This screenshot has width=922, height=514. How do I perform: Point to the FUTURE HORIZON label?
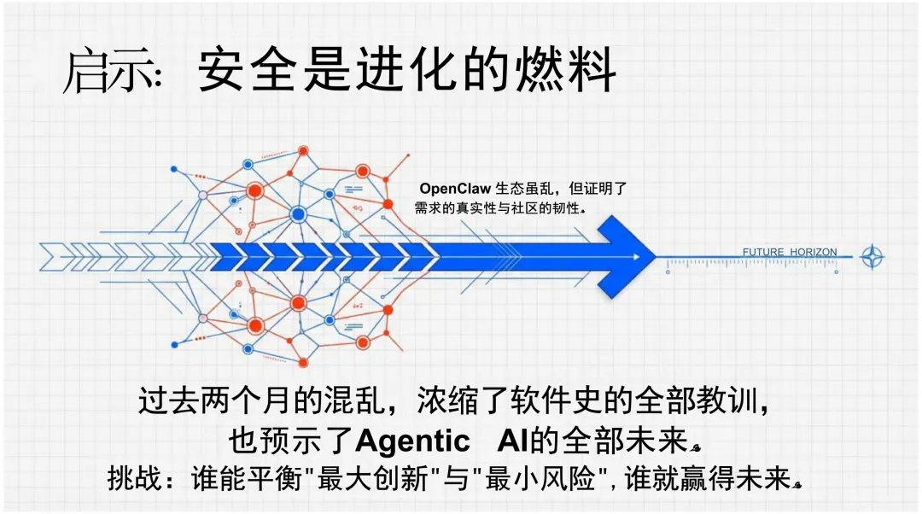[790, 252]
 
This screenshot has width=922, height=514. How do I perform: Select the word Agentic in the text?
[412, 441]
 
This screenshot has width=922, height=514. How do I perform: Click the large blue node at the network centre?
[298, 214]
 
